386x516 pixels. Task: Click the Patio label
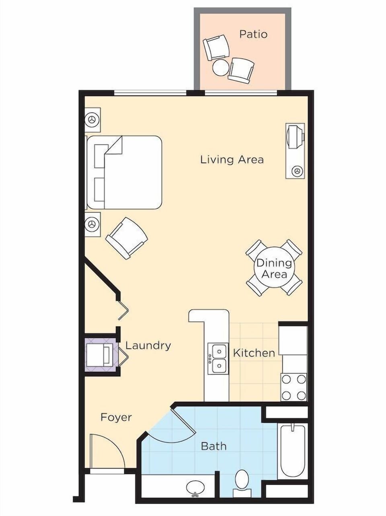253,34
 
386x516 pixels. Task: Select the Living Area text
232,160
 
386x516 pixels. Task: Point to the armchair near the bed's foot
127,238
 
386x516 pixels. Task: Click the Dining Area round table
274,268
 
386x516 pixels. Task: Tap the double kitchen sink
218,358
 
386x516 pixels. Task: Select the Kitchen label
254,353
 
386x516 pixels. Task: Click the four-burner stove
294,387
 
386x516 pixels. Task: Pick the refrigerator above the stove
293,340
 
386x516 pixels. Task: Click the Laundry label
148,345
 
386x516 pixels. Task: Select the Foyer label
116,417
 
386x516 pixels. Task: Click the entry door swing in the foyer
107,450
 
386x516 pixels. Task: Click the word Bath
214,446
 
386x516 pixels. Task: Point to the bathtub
293,450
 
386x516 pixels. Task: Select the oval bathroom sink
195,487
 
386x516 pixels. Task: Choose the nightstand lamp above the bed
92,120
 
